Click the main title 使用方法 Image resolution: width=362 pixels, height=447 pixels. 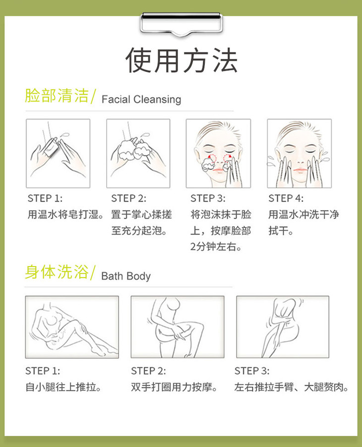click(181, 60)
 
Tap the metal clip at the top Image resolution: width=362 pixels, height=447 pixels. click(181, 24)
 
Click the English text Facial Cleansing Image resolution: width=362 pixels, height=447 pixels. click(141, 100)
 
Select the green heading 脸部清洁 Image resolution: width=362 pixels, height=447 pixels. click(57, 96)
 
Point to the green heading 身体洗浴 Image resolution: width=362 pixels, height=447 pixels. click(57, 272)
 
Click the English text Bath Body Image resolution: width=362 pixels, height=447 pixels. click(126, 276)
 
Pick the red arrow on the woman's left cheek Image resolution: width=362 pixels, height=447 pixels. click(228, 157)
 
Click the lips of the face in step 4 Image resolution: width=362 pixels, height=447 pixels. click(300, 170)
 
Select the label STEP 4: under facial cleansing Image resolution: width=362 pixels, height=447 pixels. click(286, 198)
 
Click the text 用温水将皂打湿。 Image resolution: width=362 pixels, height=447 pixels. click(66, 215)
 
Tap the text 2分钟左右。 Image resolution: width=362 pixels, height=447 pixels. click(216, 247)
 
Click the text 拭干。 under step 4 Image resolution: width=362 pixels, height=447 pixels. click(281, 230)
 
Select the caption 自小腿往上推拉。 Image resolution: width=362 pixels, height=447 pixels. click(63, 387)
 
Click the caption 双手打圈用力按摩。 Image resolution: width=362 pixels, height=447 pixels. click(174, 387)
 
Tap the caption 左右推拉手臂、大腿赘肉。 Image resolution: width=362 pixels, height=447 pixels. click(291, 387)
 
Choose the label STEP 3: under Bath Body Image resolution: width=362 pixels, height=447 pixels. click(251, 371)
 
